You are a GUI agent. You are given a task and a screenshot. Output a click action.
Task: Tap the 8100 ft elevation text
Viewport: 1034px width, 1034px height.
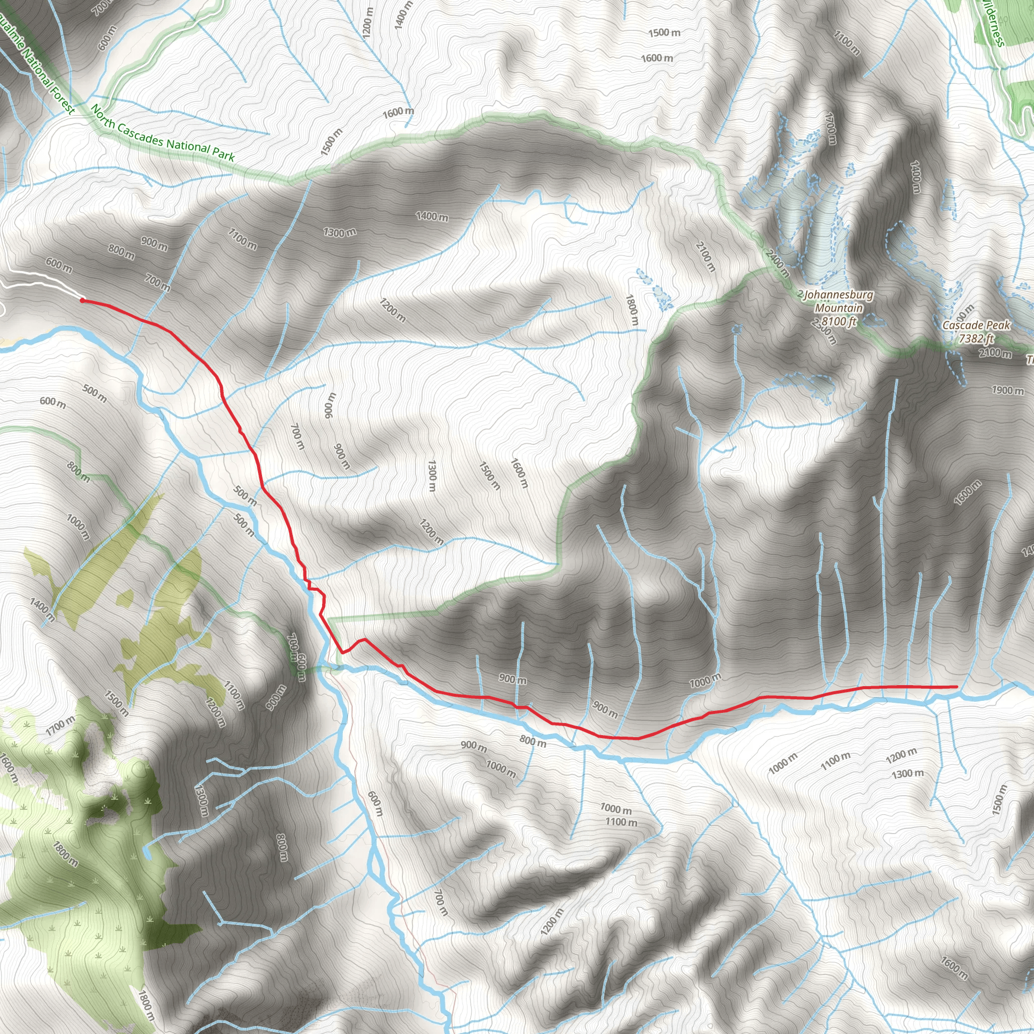[x=839, y=321]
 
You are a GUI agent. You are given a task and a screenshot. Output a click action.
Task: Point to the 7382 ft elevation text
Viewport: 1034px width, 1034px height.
[x=976, y=338]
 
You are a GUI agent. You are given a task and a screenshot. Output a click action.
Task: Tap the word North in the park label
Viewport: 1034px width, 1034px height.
[x=103, y=117]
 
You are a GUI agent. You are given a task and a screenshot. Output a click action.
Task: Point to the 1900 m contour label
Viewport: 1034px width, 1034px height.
[x=1008, y=390]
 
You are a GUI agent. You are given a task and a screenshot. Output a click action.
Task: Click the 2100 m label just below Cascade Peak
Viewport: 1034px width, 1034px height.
[x=996, y=353]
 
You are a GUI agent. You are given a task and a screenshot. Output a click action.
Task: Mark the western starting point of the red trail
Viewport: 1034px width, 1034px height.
[x=82, y=300]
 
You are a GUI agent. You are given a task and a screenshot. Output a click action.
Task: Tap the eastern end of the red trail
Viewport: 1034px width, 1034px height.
[x=956, y=687]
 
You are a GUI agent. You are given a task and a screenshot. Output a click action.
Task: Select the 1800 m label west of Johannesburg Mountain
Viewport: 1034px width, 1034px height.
[x=632, y=310]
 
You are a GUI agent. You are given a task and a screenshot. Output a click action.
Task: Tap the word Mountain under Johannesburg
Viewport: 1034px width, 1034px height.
[x=839, y=308]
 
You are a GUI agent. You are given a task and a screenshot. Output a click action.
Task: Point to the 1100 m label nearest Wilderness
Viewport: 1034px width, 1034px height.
[x=847, y=43]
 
